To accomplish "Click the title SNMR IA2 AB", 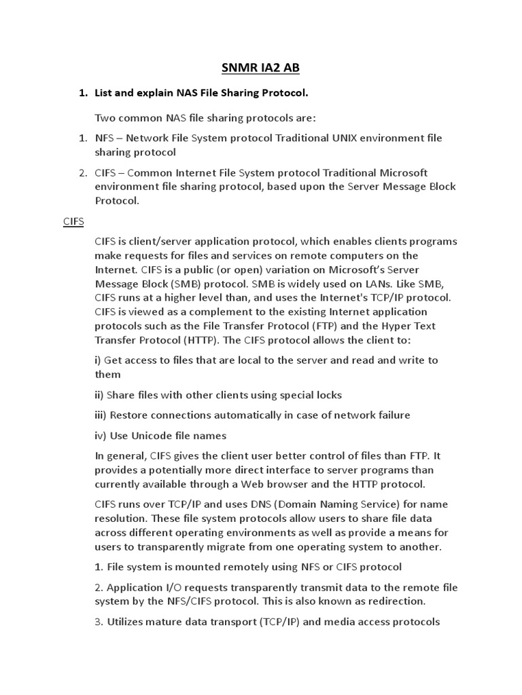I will [261, 68].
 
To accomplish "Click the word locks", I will [327, 394].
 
